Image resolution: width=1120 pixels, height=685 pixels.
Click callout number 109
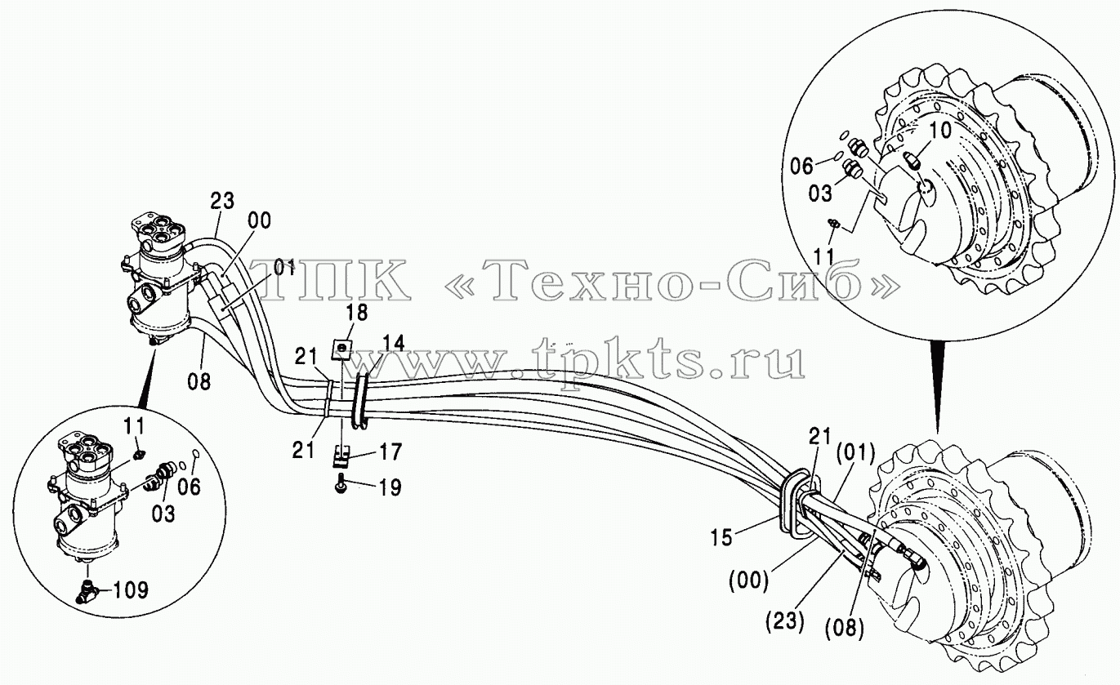coord(131,590)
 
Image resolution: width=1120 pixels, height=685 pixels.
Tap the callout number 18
coord(356,313)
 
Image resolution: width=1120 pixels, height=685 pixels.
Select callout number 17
coord(390,451)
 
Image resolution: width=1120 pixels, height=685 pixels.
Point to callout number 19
coord(390,487)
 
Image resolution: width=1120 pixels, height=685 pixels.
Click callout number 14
coord(393,343)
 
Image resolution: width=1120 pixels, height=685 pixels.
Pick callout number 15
coord(722,537)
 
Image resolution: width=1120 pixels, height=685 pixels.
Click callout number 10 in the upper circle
coord(940,131)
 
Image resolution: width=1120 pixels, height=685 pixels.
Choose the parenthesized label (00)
coord(748,580)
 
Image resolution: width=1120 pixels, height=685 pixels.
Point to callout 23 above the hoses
coord(222,201)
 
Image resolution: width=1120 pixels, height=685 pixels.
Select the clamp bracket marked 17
coord(341,457)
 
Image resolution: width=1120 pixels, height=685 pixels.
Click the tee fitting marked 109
coord(87,592)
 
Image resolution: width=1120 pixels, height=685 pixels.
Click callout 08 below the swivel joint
coord(199,382)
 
